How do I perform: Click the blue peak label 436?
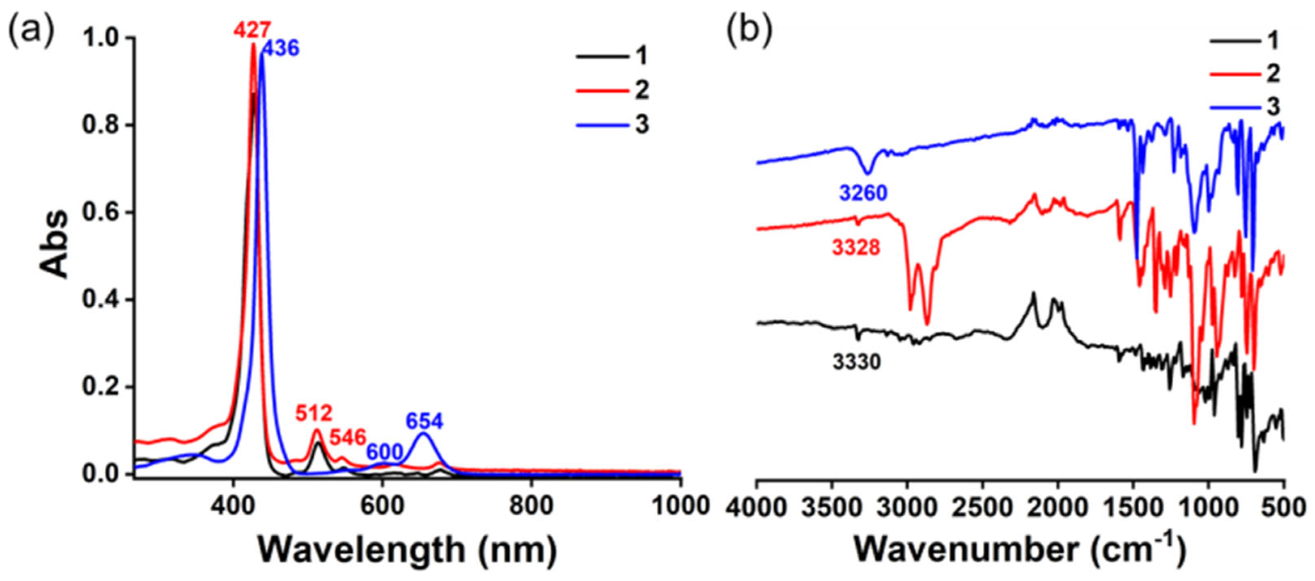280,49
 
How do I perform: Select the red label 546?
348,437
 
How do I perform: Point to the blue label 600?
384,452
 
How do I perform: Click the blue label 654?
425,421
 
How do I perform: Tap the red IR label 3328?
856,248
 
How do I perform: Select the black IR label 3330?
857,362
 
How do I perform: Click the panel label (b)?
749,32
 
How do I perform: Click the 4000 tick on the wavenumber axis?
756,509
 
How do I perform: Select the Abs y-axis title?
55,244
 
